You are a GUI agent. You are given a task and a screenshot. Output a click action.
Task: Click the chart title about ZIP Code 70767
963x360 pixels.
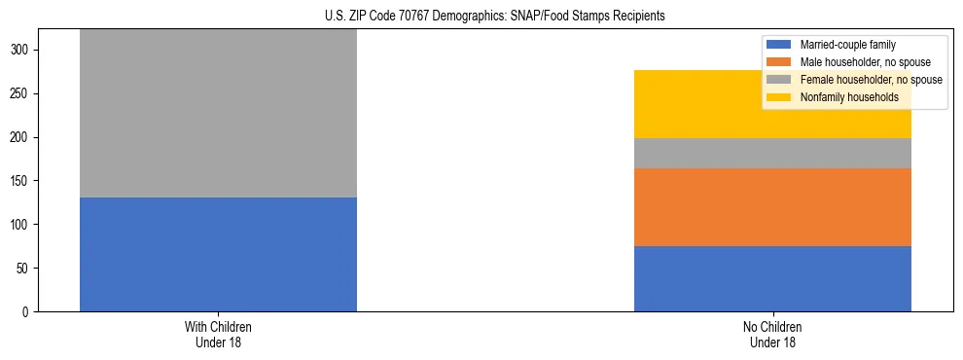[495, 17]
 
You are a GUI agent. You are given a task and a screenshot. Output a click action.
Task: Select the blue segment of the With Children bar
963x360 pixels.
[218, 254]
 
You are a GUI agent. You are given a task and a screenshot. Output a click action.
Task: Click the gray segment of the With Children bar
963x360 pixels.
[218, 113]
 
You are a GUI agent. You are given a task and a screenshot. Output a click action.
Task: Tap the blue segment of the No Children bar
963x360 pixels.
[772, 278]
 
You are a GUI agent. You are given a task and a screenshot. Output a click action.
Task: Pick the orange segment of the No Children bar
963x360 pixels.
[772, 207]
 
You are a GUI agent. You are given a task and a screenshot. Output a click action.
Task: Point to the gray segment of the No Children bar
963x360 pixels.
[772, 153]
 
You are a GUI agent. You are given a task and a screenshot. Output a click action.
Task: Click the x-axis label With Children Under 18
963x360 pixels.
[218, 334]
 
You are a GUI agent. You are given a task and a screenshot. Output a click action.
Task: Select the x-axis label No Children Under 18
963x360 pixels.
[772, 334]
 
